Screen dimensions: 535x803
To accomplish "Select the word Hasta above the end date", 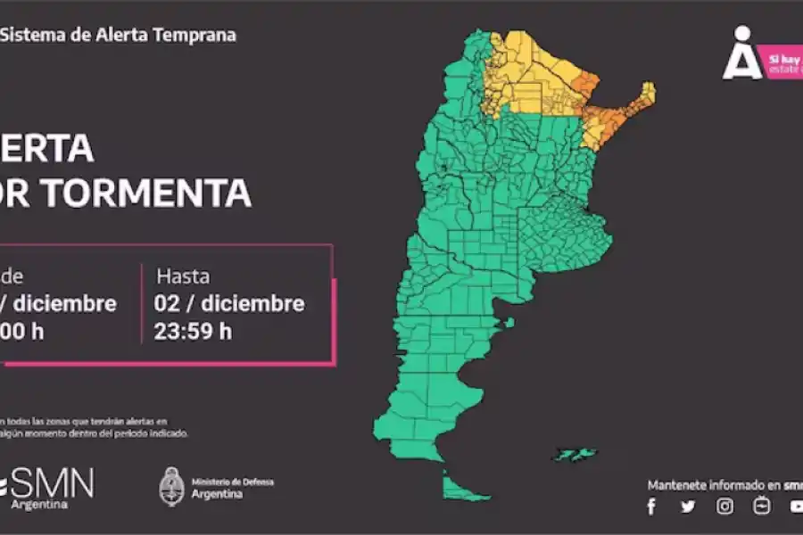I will [x=183, y=276].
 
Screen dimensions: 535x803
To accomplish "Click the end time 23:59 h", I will [x=193, y=332].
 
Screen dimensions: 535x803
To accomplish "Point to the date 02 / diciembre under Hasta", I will [x=229, y=304].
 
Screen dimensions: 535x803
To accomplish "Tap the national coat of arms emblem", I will [x=171, y=487].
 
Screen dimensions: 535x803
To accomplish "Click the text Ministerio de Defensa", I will [x=232, y=482].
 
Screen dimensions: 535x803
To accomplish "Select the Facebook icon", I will [x=651, y=506].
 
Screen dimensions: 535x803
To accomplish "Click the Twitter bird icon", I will [x=688, y=506].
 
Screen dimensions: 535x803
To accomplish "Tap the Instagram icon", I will [x=725, y=506].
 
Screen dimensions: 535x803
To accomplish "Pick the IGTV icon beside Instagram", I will [x=761, y=506].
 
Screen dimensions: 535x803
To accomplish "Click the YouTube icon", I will [x=796, y=506].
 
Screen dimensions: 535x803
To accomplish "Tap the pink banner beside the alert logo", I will [x=784, y=64].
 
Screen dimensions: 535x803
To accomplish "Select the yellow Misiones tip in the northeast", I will [x=645, y=93].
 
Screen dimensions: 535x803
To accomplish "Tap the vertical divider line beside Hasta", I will [x=142, y=303].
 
